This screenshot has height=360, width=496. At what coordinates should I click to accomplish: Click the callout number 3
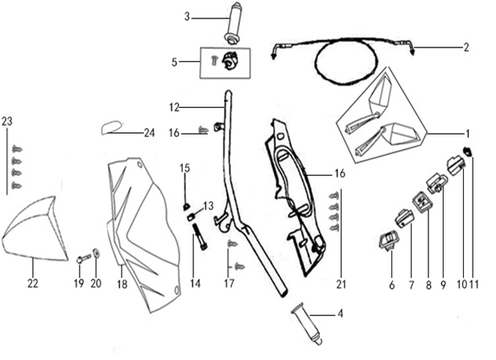click(187, 16)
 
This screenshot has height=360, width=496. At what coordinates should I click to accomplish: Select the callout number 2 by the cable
click(465, 48)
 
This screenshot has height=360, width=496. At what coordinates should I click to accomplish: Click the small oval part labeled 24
click(115, 127)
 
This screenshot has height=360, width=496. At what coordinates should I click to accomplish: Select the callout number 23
click(8, 121)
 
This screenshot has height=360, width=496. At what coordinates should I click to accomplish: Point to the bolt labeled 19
click(81, 259)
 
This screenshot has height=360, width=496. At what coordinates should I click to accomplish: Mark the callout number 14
click(194, 283)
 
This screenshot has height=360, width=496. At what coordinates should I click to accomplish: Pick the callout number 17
click(229, 283)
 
